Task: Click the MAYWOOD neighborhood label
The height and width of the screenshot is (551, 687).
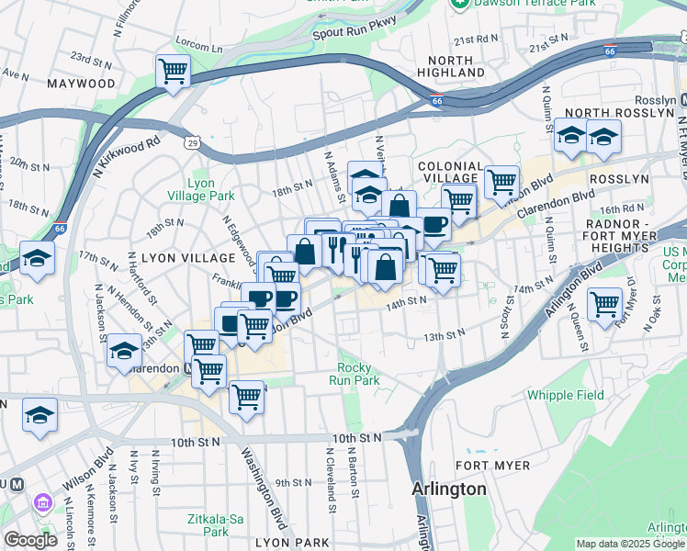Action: pos(84,84)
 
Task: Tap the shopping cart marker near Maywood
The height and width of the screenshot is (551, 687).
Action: pos(173,71)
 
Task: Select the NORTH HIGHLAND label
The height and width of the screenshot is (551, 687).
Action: pos(450,65)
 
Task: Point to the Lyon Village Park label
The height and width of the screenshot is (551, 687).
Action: pos(200,189)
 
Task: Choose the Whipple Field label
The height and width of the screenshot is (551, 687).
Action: pos(566,395)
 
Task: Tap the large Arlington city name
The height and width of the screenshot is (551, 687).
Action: pos(449,489)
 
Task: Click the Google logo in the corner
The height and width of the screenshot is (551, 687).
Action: pos(30,540)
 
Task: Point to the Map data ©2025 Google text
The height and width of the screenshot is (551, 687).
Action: pos(630,544)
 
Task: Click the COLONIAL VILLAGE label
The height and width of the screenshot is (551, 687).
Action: pos(447,172)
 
